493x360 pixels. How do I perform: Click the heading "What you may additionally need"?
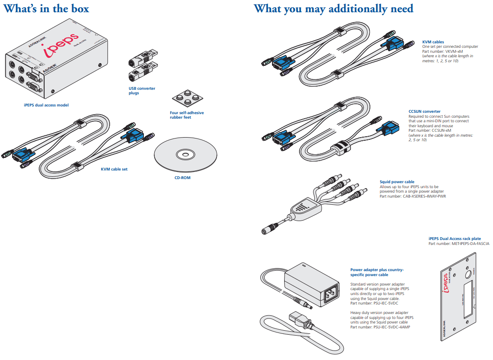pos(333,9)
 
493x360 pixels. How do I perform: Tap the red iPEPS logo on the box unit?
pos(62,46)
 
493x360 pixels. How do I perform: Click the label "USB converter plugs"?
pos(142,91)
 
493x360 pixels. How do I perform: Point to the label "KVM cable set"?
pos(114,169)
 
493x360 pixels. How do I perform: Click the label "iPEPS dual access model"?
pos(46,105)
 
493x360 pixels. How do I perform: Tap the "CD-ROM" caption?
pos(183,178)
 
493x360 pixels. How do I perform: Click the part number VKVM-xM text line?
pos(440,51)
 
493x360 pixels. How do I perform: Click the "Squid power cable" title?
pos(397,182)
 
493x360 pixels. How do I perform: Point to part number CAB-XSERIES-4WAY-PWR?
pos(413,196)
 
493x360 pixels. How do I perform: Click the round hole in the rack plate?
pos(468,274)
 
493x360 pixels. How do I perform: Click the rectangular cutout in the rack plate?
pos(470,298)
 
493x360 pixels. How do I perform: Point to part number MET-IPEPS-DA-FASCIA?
pos(459,244)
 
